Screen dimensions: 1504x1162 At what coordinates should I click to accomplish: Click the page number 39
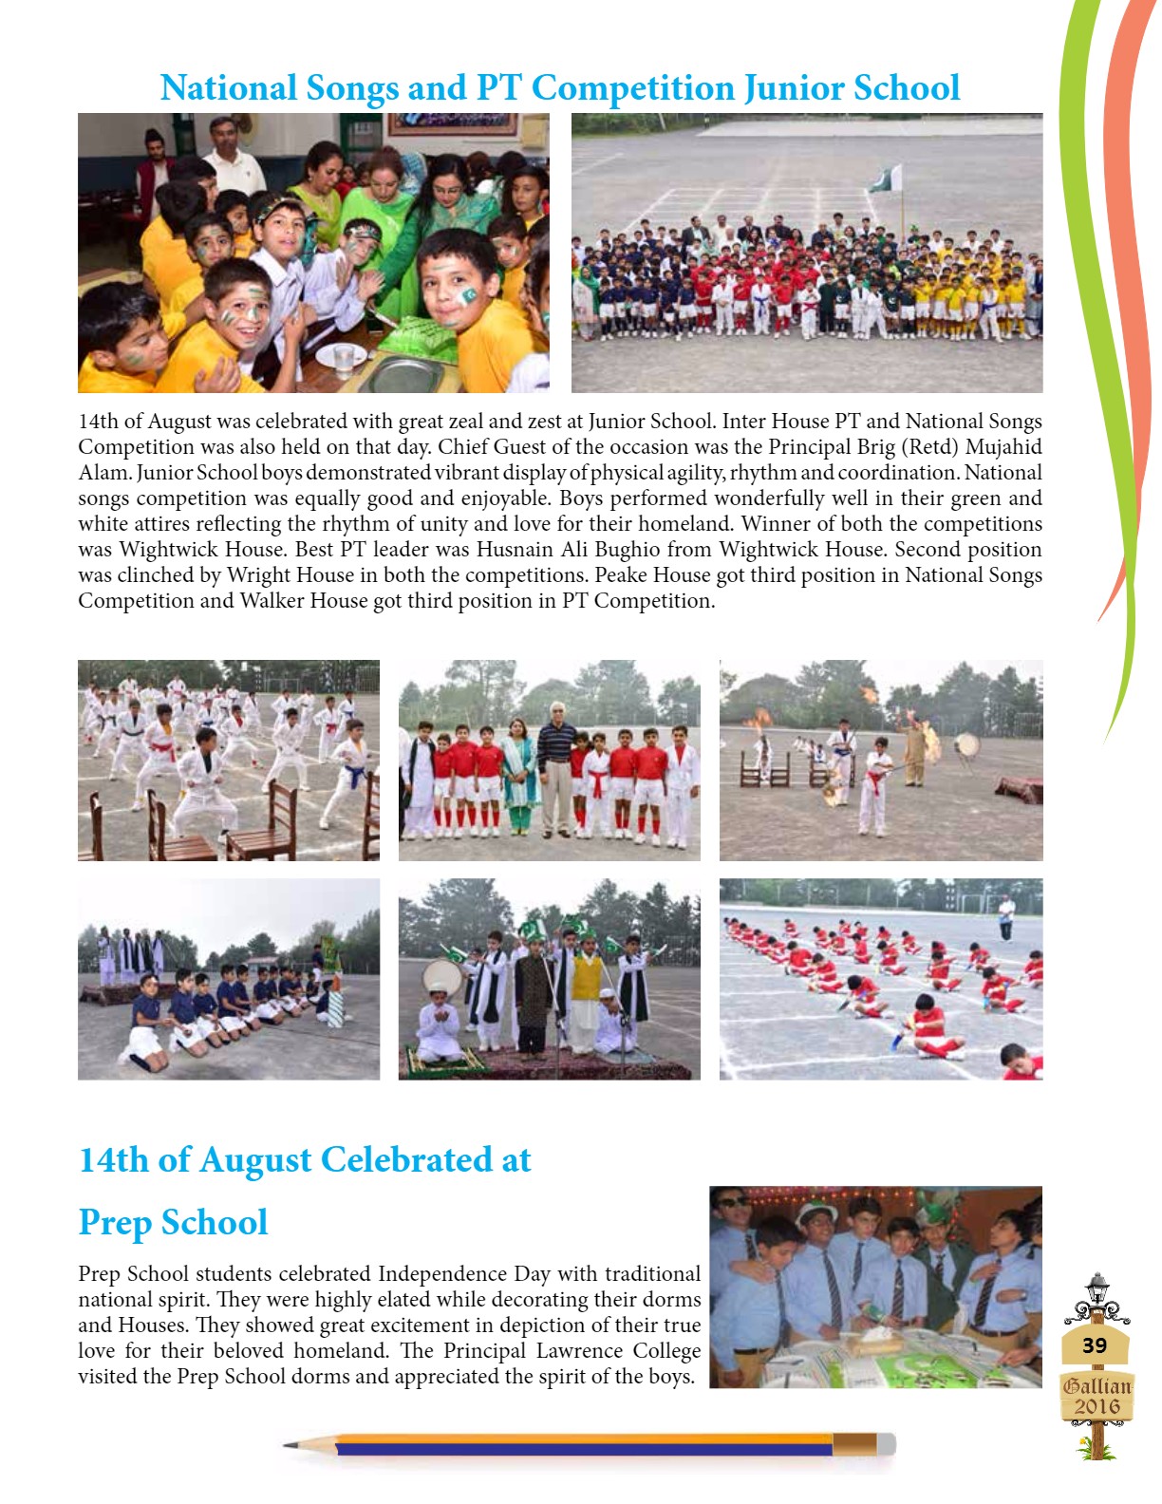[x=1095, y=1344]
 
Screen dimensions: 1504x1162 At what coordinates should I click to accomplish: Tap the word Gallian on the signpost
[x=1096, y=1386]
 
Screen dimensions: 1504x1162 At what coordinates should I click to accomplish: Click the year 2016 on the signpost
[x=1096, y=1406]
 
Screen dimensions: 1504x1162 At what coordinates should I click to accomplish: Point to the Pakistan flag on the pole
[x=886, y=179]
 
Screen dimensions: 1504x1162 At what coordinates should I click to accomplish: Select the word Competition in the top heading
[x=630, y=88]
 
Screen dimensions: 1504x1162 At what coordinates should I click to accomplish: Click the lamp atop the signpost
[x=1097, y=1287]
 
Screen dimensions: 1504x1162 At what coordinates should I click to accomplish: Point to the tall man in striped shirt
[x=556, y=763]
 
